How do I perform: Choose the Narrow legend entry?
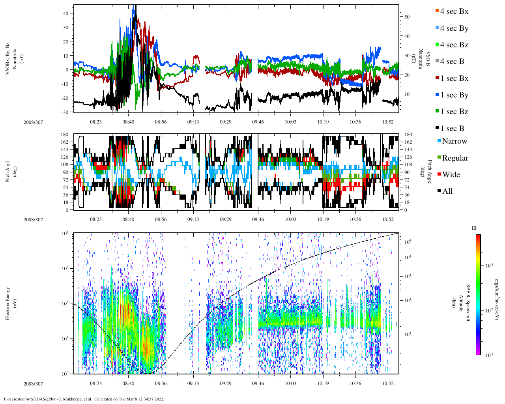point(454,141)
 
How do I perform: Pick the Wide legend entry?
point(451,175)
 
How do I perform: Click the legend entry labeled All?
point(447,191)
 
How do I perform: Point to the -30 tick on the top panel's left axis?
point(65,112)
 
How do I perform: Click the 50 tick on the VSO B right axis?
point(407,17)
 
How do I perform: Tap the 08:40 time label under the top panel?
point(128,122)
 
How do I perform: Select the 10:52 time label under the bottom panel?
point(388,383)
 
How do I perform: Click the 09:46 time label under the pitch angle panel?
point(258,219)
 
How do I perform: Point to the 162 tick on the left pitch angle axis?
point(65,142)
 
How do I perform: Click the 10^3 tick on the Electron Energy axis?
point(65,268)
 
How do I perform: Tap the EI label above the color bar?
point(474,228)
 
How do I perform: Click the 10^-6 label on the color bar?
point(488,355)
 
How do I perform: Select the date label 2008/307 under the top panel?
point(33,122)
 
